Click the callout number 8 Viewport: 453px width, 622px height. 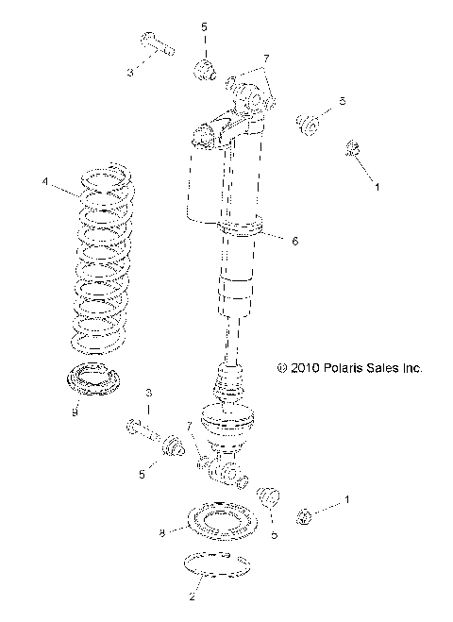[162, 533]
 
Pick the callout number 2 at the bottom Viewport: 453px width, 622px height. [193, 597]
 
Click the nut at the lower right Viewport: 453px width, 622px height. [305, 515]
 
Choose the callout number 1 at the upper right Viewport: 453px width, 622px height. [378, 188]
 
